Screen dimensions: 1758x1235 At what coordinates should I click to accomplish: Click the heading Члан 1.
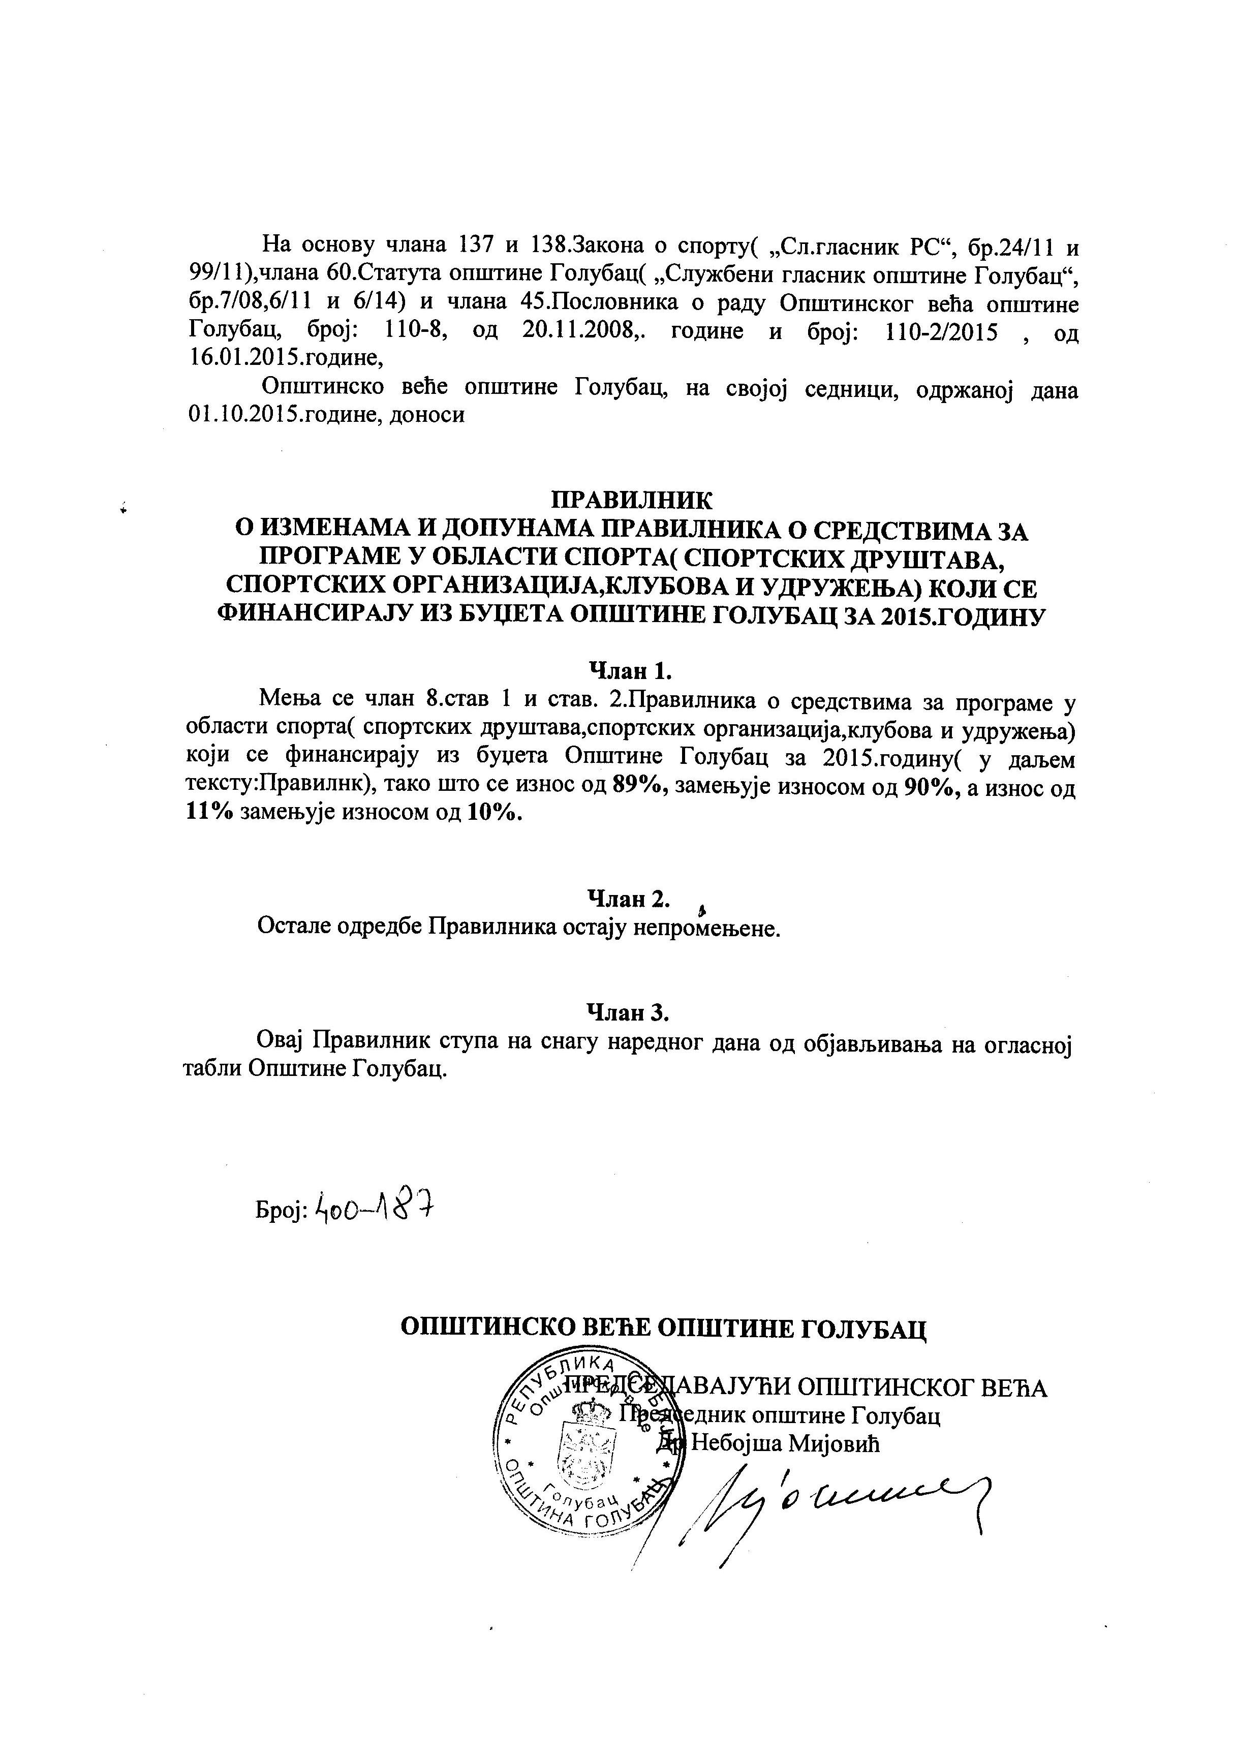(x=629, y=671)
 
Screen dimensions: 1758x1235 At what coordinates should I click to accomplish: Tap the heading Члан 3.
(x=628, y=1012)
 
